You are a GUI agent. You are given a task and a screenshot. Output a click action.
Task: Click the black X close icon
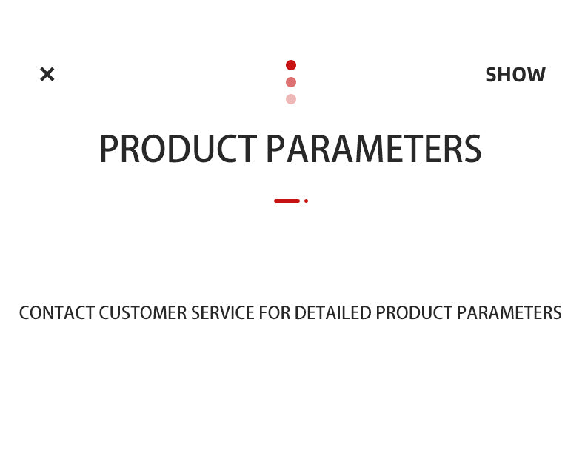point(47,74)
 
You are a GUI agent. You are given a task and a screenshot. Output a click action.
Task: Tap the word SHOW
point(515,75)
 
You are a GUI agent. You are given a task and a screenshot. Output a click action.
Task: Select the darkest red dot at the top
point(291,65)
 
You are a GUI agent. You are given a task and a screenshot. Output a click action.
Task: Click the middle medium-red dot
point(291,82)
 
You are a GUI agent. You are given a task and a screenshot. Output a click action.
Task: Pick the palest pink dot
point(291,99)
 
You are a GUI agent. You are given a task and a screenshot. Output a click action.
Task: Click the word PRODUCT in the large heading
point(178,149)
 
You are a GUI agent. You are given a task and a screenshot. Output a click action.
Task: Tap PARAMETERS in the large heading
point(374,149)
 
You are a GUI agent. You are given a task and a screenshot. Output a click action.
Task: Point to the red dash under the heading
point(287,201)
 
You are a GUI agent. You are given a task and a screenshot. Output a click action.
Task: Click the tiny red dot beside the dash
point(307,201)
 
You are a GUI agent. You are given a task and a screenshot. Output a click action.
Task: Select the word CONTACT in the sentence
point(57,313)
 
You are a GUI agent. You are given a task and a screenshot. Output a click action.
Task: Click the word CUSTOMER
point(142,313)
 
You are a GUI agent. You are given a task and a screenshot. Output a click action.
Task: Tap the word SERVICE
point(223,313)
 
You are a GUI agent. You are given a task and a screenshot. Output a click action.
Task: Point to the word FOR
point(275,313)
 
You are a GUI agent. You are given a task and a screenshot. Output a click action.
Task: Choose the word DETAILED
point(332,313)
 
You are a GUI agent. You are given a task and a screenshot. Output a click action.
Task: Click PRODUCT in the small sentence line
point(414,313)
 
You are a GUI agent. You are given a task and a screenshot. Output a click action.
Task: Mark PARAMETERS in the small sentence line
point(509,313)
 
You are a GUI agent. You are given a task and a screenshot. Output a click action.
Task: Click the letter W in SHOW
point(535,75)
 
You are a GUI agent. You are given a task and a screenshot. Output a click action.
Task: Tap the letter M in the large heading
point(370,149)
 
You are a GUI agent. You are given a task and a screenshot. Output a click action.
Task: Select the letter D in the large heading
point(178,149)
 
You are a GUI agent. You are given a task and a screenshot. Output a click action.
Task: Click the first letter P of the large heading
point(108,149)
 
